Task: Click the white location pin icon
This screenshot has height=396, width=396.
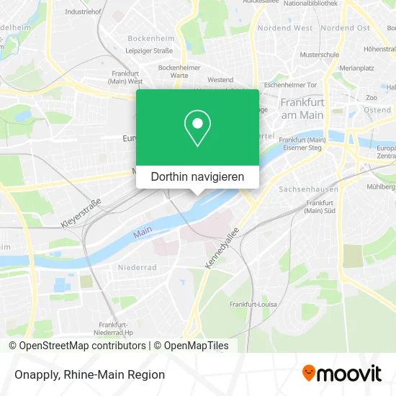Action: [197, 128]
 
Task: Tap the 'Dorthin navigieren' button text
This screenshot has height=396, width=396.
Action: [197, 176]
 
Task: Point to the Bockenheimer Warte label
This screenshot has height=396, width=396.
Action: [174, 71]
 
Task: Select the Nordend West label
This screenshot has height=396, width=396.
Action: [285, 28]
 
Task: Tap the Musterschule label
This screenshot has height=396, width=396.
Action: [319, 55]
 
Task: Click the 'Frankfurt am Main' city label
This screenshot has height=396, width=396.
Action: [302, 109]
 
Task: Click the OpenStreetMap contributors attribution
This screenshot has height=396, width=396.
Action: [79, 346]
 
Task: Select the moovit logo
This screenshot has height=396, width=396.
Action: [342, 374]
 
